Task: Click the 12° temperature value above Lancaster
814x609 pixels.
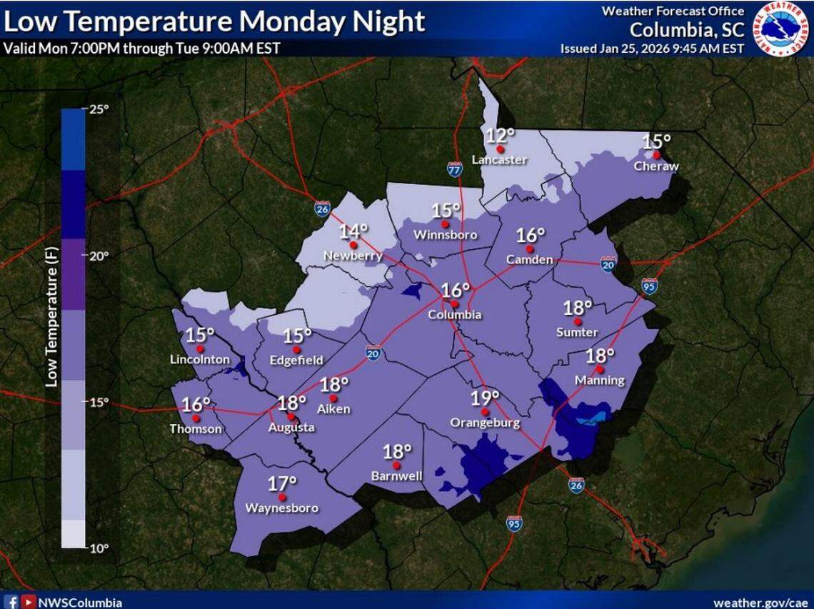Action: point(501,136)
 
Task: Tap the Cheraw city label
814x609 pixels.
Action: point(656,166)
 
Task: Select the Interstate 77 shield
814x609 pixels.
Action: point(455,169)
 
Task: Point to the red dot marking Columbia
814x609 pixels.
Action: point(454,303)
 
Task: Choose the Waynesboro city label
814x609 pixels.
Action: point(281,508)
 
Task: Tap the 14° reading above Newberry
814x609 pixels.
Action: point(353,231)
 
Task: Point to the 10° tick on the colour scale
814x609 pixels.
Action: point(99,548)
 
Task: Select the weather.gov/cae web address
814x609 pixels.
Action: point(760,603)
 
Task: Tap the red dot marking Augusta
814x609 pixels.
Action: point(291,416)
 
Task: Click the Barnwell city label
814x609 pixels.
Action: point(396,475)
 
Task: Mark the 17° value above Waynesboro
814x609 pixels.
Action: point(282,483)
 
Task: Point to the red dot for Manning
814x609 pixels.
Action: point(600,369)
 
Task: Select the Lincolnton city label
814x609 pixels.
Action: point(200,360)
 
